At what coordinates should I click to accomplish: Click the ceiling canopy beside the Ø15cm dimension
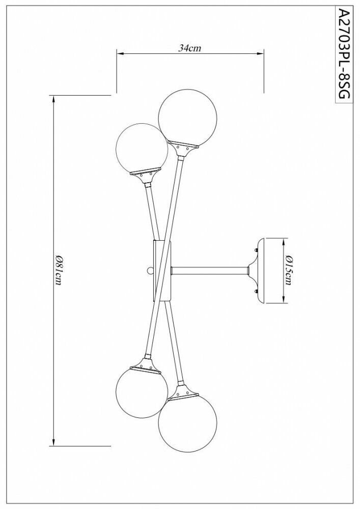coord(257,270)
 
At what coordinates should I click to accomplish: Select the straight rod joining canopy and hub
coord(209,270)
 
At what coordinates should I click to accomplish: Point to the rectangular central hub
coord(163,270)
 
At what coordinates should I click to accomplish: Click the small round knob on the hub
coord(150,270)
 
